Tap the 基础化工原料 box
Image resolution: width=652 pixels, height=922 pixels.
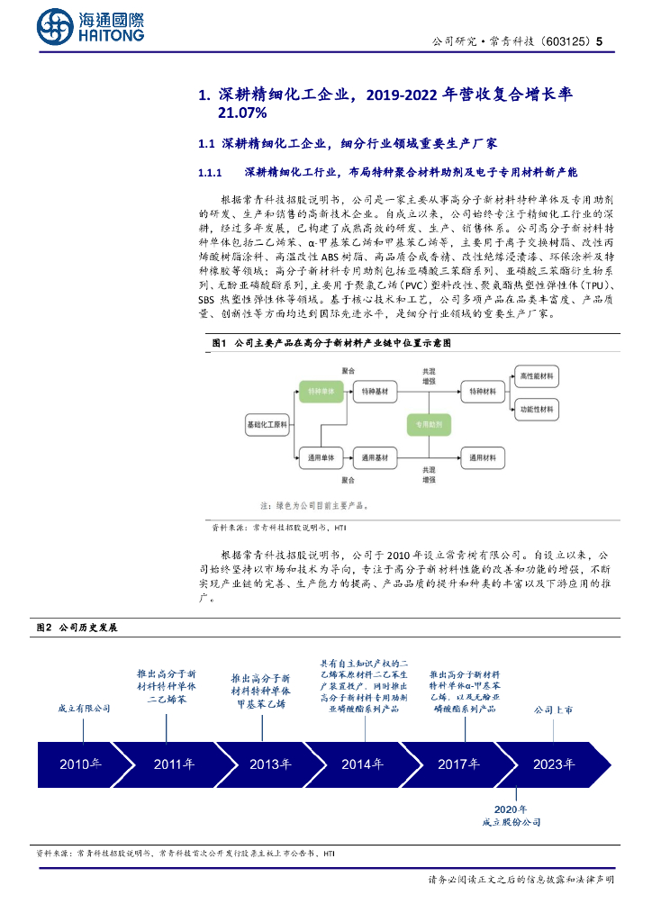pos(267,423)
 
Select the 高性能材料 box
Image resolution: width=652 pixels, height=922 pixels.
pos(538,375)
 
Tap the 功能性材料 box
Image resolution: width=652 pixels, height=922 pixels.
pos(538,409)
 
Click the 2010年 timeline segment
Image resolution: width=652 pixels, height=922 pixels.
pos(81,764)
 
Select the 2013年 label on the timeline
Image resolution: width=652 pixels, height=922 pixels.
pos(270,764)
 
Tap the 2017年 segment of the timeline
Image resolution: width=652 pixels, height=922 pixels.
pos(459,764)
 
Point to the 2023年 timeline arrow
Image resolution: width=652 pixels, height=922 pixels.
pos(554,764)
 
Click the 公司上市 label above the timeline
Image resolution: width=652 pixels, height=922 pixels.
pos(553,710)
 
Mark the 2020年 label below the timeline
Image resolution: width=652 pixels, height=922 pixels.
pos(512,809)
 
